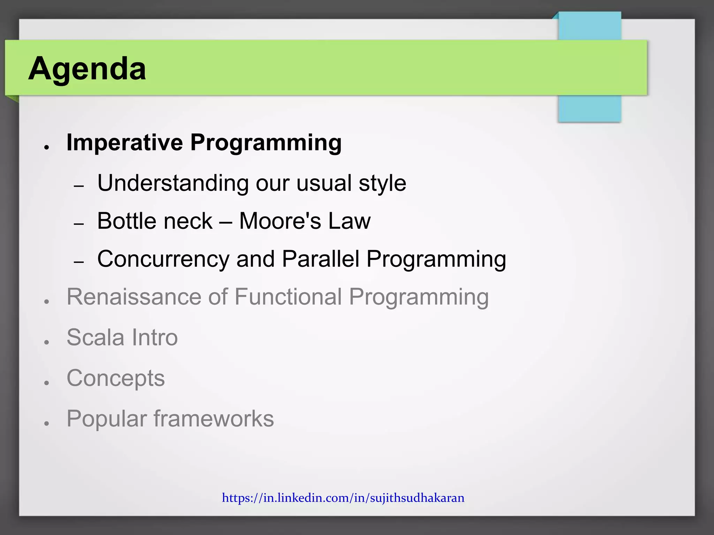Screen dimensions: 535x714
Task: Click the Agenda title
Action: pos(87,69)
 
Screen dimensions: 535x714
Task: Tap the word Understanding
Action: pos(173,183)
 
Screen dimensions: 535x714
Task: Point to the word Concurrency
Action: pos(163,259)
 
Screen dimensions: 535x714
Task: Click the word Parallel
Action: pos(320,259)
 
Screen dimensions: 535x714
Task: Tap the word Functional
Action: pos(288,297)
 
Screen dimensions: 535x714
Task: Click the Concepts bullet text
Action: pos(115,378)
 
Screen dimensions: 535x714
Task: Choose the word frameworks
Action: pos(214,419)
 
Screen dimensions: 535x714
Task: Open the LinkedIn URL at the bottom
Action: pos(343,498)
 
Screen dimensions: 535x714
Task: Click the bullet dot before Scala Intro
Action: pos(46,342)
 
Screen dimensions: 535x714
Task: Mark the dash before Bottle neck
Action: pos(79,224)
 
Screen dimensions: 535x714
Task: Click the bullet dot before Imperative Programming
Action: pos(46,148)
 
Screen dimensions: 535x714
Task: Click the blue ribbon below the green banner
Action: pos(589,109)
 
